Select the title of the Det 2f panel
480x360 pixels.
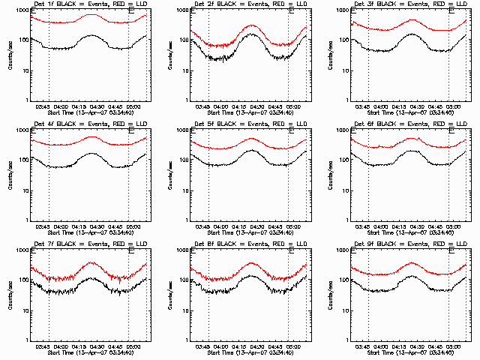[x=250, y=4]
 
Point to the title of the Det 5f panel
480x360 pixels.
[x=250, y=124]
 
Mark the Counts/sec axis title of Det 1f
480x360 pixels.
[x=8, y=54]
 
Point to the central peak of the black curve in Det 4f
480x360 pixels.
[x=92, y=153]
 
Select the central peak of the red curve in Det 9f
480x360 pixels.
[x=410, y=262]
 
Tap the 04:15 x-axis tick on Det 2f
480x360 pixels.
[x=234, y=106]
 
